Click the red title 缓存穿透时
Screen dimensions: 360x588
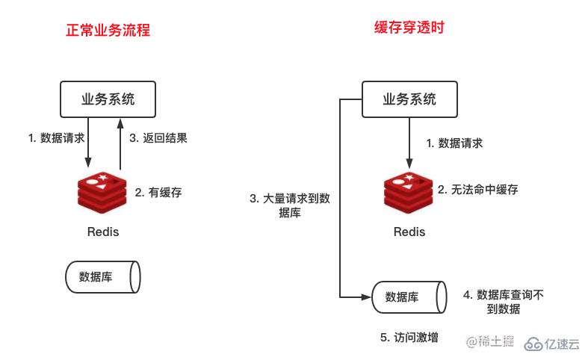405,28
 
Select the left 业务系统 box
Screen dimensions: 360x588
108,99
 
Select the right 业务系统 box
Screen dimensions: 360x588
409,99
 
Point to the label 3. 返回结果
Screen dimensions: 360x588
158,138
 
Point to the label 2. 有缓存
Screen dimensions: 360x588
158,192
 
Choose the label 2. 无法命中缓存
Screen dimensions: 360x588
478,190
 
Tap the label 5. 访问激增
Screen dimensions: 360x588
409,338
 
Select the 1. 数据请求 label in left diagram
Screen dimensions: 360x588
56,138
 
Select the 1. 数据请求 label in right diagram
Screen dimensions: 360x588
454,143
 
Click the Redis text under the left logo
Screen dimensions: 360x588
102,232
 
